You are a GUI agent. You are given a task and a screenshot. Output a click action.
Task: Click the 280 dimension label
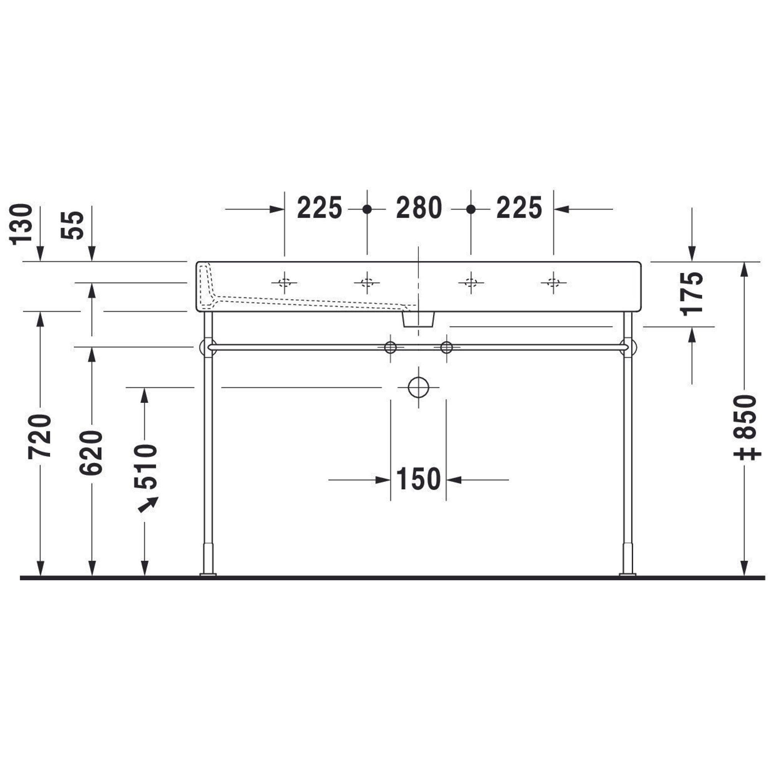click(419, 208)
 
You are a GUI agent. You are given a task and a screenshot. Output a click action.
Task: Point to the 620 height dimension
click(91, 452)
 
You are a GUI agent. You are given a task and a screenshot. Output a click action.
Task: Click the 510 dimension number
click(146, 467)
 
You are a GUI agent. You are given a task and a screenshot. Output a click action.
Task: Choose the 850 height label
click(745, 417)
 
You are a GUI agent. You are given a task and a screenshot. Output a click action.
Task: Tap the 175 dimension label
click(692, 294)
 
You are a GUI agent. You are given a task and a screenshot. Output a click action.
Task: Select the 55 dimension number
click(73, 225)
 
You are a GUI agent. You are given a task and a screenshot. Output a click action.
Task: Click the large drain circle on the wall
click(419, 387)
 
